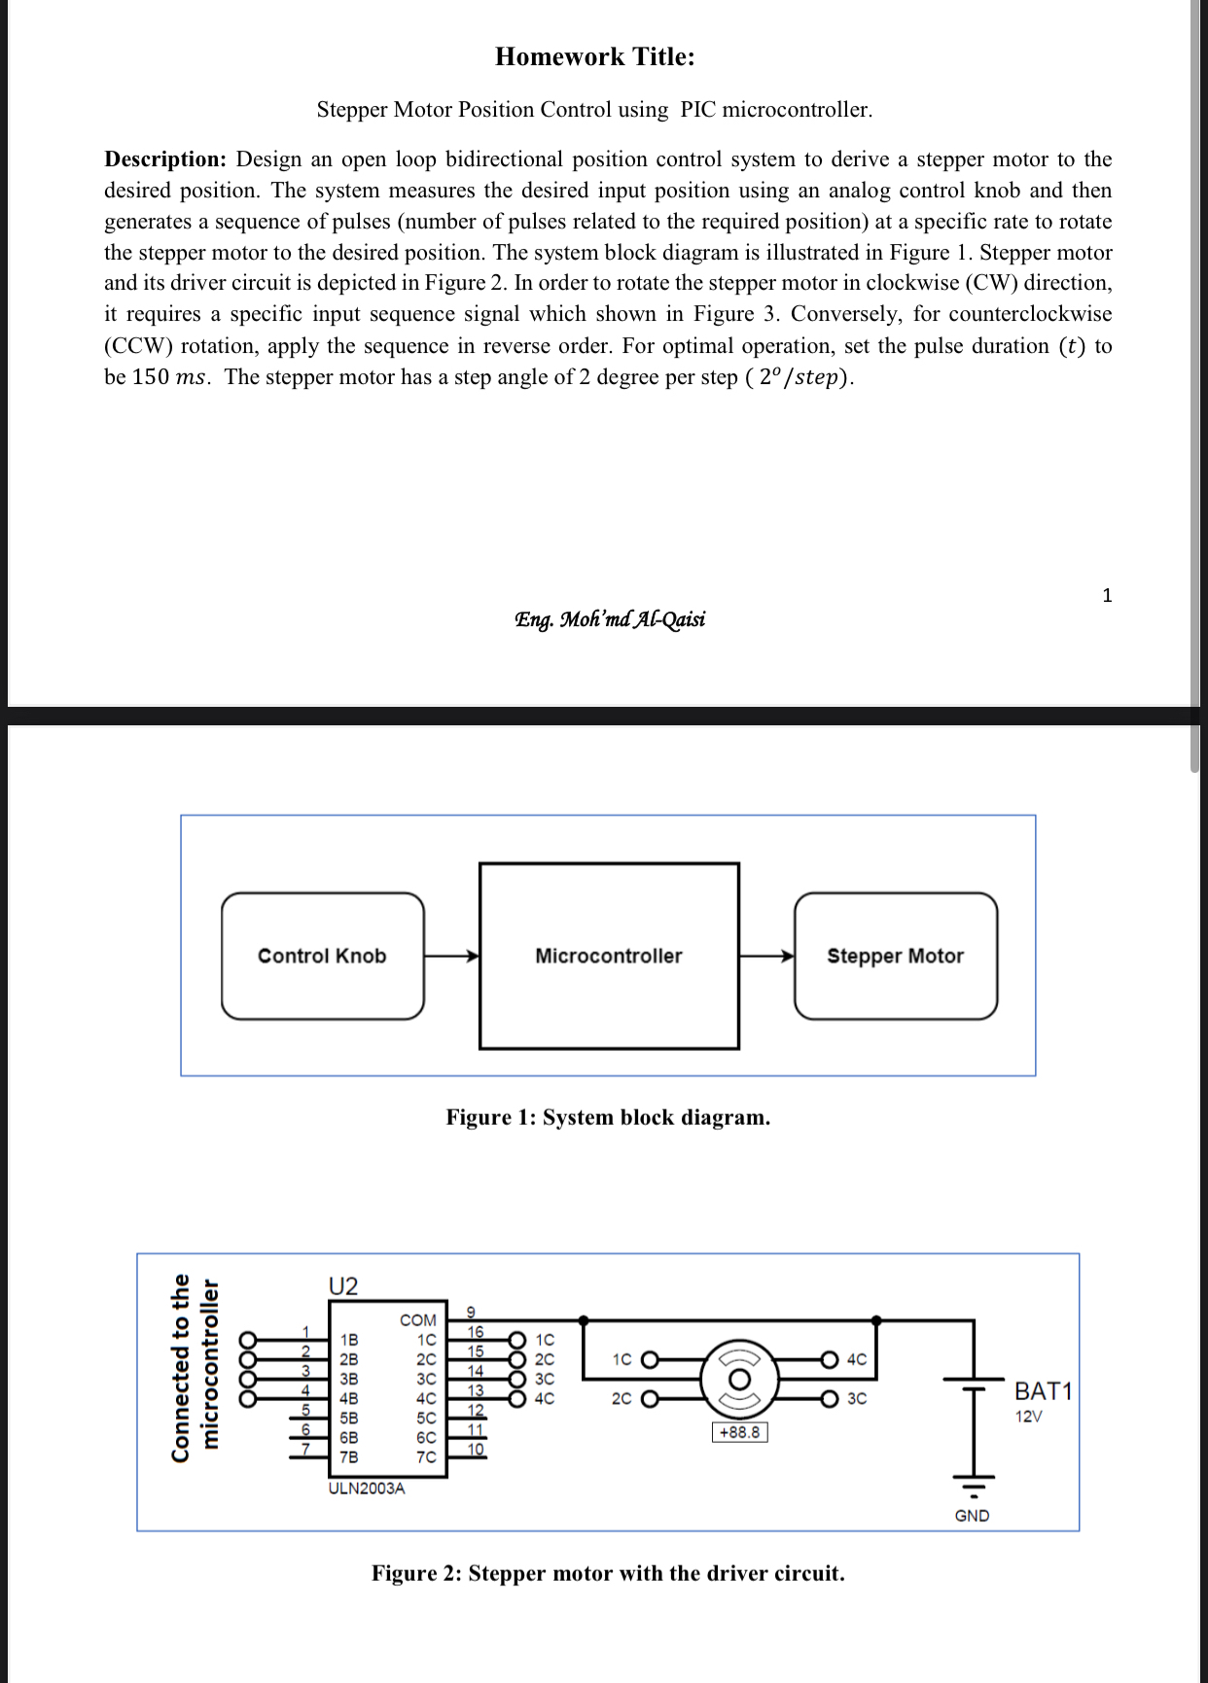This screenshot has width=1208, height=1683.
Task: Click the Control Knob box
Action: pos(322,956)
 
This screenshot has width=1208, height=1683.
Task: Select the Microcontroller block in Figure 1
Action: pos(609,956)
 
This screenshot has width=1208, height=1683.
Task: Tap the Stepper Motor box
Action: pos(895,956)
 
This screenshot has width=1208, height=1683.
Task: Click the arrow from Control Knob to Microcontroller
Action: pos(452,956)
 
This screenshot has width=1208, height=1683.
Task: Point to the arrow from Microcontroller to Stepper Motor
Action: pos(766,956)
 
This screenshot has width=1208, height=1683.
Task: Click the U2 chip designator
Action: pos(343,1286)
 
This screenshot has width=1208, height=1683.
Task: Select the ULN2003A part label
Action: pos(367,1489)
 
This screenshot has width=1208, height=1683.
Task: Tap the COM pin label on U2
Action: pos(418,1320)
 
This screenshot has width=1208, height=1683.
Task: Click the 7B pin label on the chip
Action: pos(348,1456)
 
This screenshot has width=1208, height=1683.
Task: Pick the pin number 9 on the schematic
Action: pos(471,1312)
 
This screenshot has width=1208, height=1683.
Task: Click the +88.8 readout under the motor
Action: pos(739,1432)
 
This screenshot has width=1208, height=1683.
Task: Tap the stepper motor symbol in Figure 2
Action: pos(739,1379)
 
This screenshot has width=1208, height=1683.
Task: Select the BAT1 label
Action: pos(1043,1391)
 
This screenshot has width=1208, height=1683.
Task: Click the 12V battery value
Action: pos(1028,1417)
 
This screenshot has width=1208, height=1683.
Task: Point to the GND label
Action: pos(972,1516)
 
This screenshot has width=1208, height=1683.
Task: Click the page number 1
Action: pos(1107,596)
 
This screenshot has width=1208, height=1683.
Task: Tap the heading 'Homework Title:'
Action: pos(595,56)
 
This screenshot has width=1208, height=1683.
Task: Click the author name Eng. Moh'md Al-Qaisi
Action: pos(610,619)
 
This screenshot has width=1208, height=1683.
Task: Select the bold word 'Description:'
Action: pos(165,159)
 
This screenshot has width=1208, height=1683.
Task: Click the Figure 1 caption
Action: pos(608,1117)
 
